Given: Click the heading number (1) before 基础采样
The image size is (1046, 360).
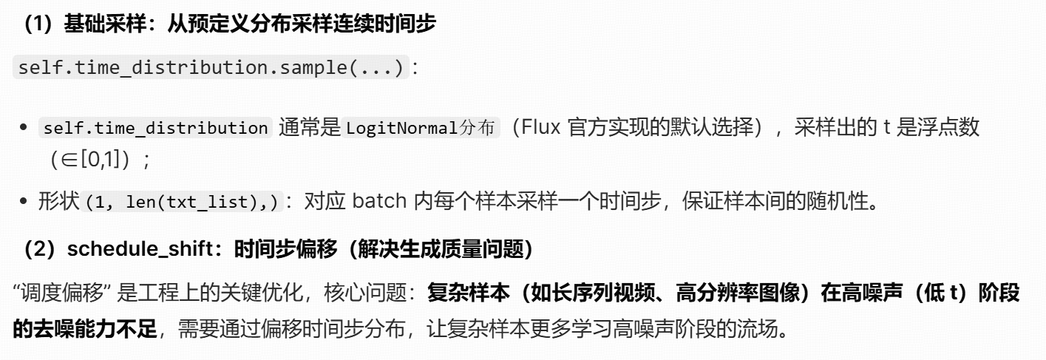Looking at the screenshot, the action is coord(36,25).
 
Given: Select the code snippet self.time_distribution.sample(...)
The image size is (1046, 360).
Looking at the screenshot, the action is coord(211,68).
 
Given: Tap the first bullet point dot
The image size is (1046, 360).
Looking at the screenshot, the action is coord(24,129).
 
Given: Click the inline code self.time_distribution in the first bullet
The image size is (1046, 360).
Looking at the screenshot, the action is coord(156,129).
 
